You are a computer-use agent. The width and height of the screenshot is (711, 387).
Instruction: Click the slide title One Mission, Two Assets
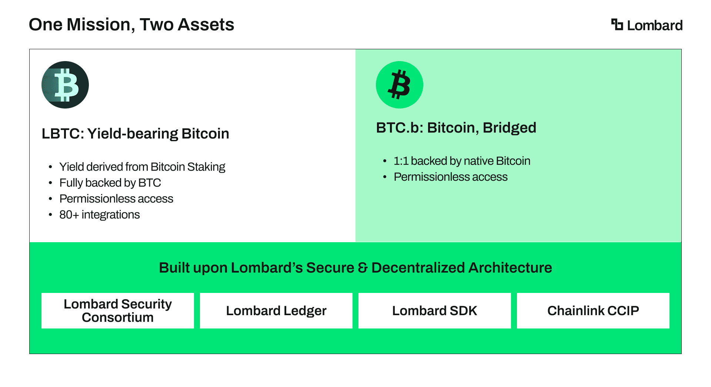click(131, 25)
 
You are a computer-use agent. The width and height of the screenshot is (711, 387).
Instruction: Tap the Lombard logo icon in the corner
click(617, 24)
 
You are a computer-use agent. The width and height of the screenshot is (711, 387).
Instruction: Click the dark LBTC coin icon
click(65, 85)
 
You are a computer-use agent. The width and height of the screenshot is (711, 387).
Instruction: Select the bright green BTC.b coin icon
click(400, 85)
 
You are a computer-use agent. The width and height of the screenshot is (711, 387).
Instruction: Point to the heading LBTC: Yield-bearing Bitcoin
click(136, 134)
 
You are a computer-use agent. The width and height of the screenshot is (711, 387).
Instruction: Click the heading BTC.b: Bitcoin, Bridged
click(456, 128)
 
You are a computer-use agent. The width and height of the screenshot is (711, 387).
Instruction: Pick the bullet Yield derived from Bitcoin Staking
click(142, 167)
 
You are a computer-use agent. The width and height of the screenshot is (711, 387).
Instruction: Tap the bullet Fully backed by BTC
click(110, 183)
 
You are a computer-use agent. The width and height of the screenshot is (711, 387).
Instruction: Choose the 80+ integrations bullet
click(100, 215)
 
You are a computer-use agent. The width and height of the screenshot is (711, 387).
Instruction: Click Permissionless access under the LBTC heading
click(116, 199)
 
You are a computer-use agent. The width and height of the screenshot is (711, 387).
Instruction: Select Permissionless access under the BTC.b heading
click(451, 177)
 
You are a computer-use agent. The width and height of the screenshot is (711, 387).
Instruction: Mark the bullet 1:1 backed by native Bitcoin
click(462, 161)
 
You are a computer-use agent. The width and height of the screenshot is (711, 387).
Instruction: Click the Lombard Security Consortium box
click(118, 311)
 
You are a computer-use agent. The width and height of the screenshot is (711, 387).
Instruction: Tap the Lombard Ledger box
click(276, 311)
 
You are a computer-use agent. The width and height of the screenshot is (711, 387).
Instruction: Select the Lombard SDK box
click(435, 311)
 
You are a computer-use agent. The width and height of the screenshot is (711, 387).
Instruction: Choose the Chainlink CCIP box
click(593, 311)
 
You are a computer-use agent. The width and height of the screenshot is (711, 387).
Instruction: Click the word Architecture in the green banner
click(510, 268)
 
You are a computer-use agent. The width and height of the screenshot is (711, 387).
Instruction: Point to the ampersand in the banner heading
click(363, 268)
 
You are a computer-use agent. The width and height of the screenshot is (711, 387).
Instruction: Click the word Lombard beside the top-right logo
click(655, 25)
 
